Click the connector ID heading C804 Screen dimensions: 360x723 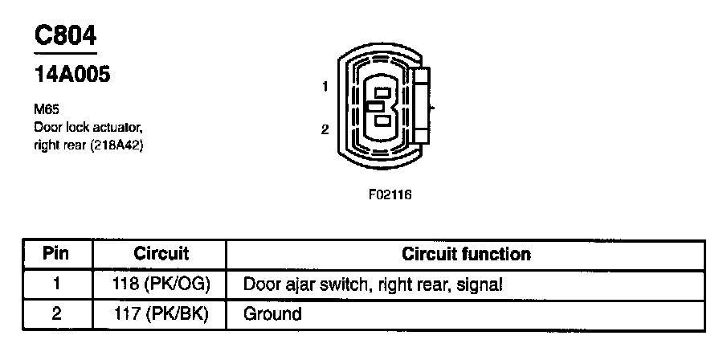pyautogui.click(x=64, y=35)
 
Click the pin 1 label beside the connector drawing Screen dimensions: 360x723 pyautogui.click(x=325, y=87)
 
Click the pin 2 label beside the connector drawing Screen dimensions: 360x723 pyautogui.click(x=325, y=129)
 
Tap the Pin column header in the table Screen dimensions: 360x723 pyautogui.click(x=55, y=255)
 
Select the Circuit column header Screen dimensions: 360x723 pyautogui.click(x=161, y=255)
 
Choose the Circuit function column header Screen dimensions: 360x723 pyautogui.click(x=466, y=255)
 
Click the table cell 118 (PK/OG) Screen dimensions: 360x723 pyautogui.click(x=161, y=284)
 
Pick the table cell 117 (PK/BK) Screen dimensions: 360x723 pyautogui.click(x=161, y=313)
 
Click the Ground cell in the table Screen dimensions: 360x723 pyautogui.click(x=272, y=313)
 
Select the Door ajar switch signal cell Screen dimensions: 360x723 pyautogui.click(x=373, y=284)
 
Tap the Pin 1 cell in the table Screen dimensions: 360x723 pyautogui.click(x=55, y=284)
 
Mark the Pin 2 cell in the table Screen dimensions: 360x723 pyautogui.click(x=55, y=313)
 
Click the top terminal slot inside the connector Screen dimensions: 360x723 pyautogui.click(x=382, y=92)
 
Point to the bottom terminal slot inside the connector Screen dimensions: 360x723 pyautogui.click(x=383, y=121)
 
